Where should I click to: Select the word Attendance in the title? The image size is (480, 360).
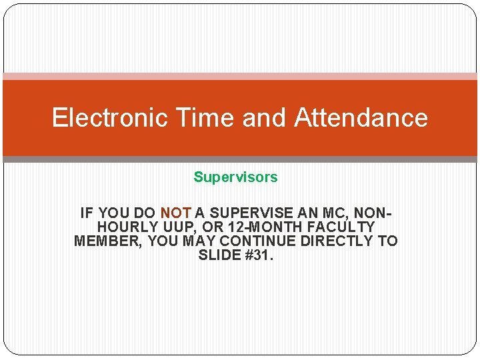tap(361, 118)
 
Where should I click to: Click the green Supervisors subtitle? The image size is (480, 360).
tap(235, 177)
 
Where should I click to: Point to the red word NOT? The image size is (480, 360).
tap(176, 213)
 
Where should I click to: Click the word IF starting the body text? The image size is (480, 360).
tap(87, 213)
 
